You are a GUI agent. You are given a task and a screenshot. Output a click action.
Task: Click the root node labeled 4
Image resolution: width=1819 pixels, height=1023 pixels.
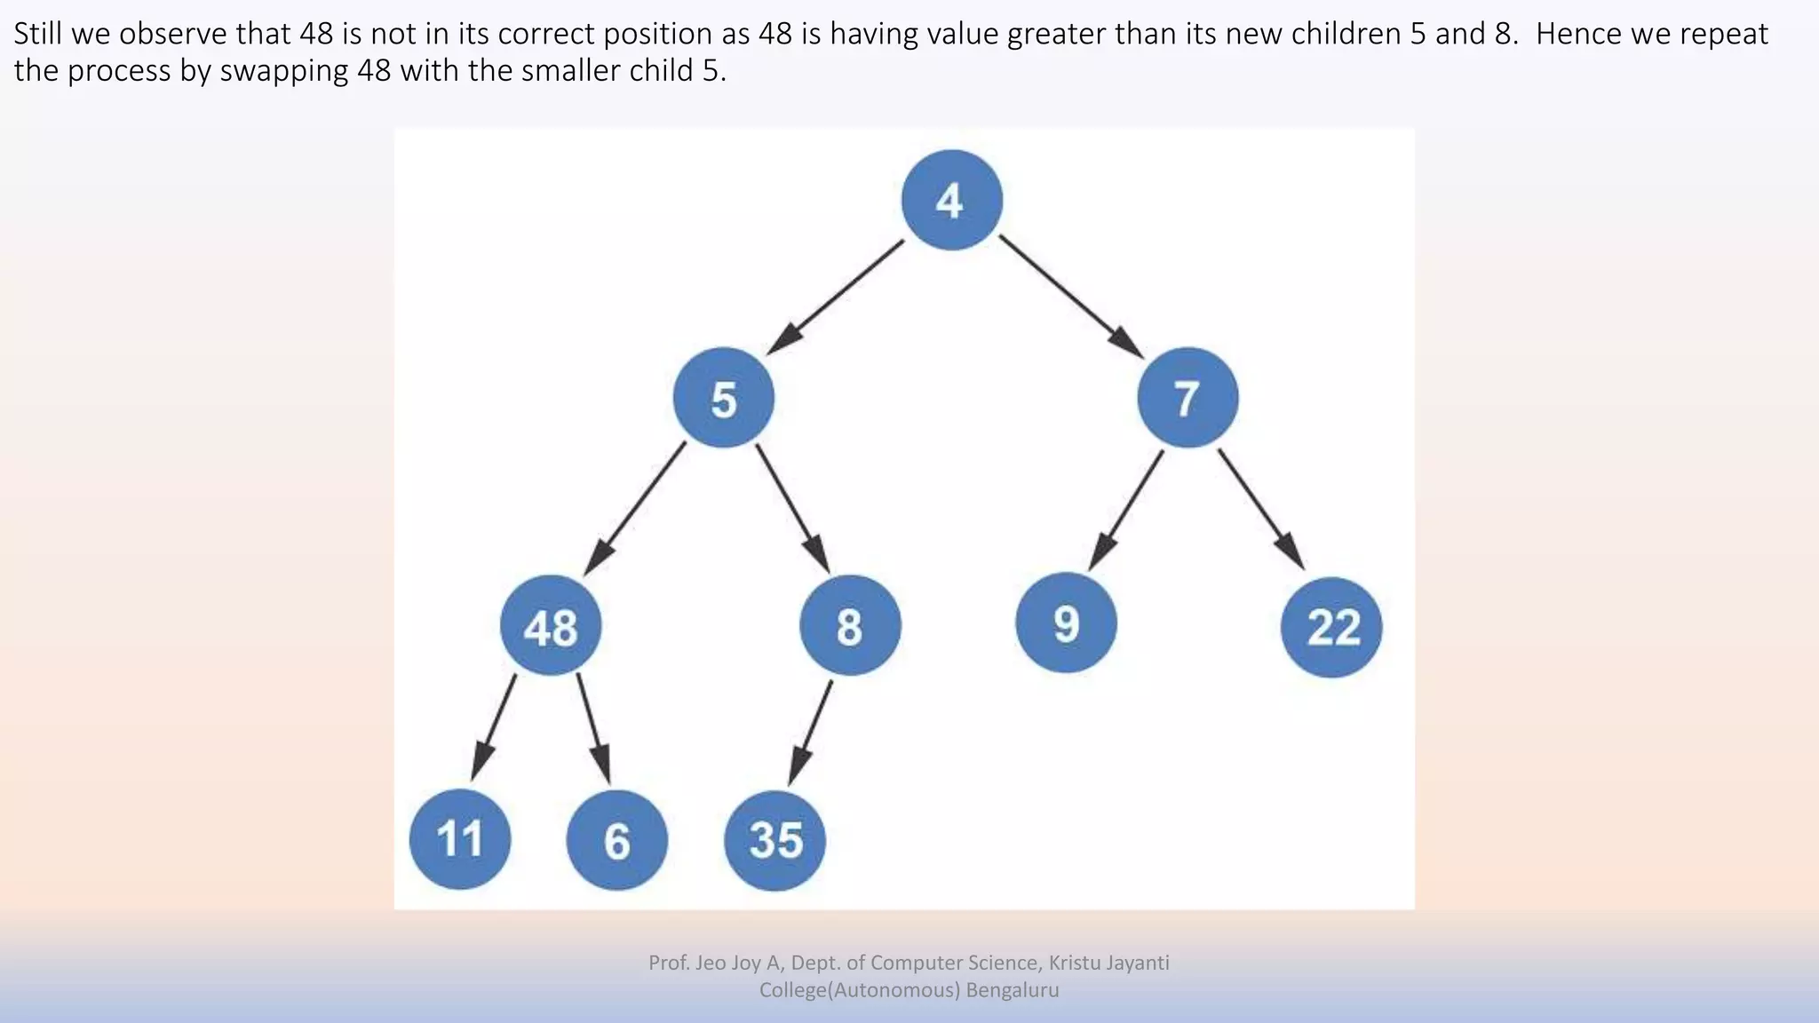(x=951, y=200)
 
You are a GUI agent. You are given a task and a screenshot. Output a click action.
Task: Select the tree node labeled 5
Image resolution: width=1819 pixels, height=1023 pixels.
(x=723, y=399)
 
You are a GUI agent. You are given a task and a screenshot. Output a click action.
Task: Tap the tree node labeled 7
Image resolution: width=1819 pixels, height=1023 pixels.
(x=1187, y=398)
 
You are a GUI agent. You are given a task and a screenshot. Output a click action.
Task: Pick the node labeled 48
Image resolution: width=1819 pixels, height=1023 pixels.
(x=551, y=626)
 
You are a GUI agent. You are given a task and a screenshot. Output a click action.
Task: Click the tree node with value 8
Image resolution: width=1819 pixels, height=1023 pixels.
(x=850, y=625)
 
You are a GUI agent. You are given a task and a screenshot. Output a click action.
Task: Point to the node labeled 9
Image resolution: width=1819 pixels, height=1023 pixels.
(x=1066, y=623)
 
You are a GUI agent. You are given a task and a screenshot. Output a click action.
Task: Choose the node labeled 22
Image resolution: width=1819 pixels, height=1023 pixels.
(x=1331, y=627)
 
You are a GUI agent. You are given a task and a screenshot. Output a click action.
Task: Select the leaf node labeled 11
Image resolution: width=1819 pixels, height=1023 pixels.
(x=460, y=839)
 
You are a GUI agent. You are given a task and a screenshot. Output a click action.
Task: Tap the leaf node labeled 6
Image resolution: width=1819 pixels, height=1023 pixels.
(x=616, y=840)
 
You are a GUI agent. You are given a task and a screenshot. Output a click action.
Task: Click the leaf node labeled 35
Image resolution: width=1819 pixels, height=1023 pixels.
(x=774, y=840)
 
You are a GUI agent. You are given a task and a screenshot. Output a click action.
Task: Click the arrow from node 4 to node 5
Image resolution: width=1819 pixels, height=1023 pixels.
(x=836, y=297)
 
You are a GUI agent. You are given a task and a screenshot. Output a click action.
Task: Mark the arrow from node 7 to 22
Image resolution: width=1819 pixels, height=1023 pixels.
(x=1261, y=509)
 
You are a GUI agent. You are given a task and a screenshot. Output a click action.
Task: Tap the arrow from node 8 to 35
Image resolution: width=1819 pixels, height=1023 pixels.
(x=811, y=733)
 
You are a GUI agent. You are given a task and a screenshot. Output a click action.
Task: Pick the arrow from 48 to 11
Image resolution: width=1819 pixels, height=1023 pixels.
(x=494, y=726)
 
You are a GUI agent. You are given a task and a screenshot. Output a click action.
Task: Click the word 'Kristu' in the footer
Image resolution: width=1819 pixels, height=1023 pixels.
(x=1075, y=963)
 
